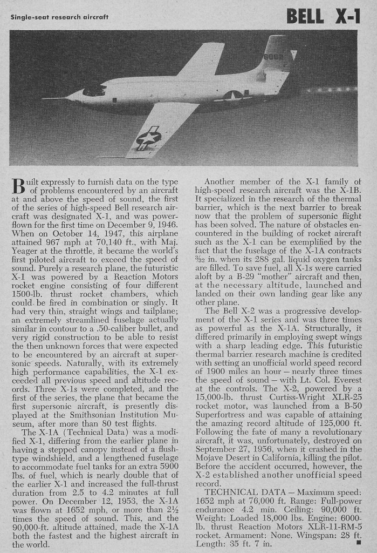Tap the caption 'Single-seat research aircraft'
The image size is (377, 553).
click(59, 17)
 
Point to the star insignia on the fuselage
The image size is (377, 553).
click(233, 96)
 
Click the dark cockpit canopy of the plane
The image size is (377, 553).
click(95, 90)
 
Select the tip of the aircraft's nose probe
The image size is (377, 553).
click(43, 98)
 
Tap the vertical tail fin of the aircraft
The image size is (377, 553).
click(276, 57)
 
